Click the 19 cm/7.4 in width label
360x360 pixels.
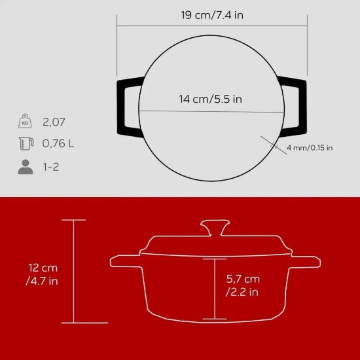(213, 15)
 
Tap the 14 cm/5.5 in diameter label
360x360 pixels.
(211, 99)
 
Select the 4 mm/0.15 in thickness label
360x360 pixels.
(310, 148)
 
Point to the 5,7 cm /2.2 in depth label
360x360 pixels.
(242, 285)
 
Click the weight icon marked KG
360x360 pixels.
(25, 122)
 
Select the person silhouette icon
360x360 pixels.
(25, 167)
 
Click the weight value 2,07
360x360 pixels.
(54, 122)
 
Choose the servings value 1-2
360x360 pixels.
(51, 167)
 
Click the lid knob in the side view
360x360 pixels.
(213, 228)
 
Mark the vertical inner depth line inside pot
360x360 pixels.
(214, 288)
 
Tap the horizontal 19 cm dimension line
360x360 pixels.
(213, 27)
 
